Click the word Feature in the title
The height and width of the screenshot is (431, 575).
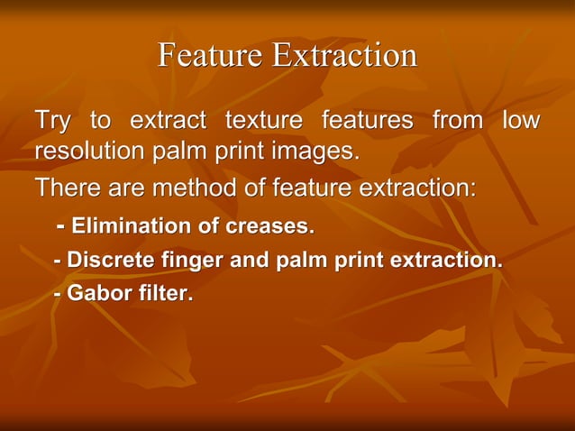click(211, 56)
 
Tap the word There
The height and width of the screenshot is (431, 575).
click(65, 188)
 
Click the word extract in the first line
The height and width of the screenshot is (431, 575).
click(168, 121)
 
